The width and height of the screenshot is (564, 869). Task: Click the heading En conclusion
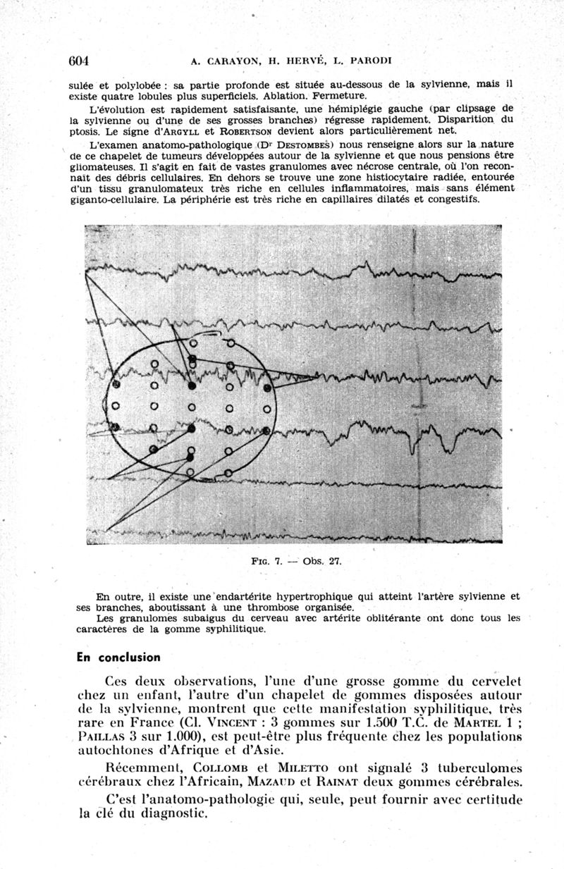tap(118, 657)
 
